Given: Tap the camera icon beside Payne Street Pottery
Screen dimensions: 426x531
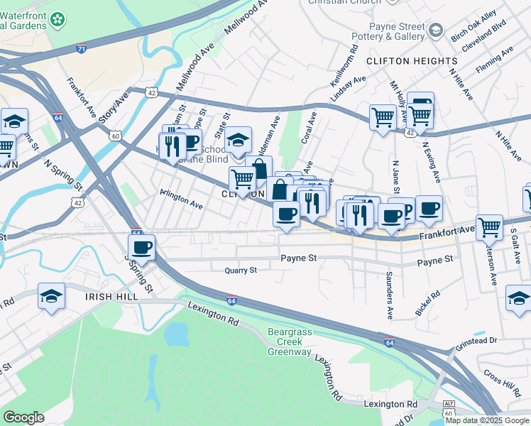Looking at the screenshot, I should (x=435, y=31).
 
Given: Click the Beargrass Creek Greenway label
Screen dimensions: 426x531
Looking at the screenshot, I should (x=290, y=342).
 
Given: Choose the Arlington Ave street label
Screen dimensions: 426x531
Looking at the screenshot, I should (x=181, y=199).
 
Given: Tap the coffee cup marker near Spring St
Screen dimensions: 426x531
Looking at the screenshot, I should (x=141, y=248).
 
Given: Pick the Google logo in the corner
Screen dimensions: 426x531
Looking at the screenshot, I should (x=23, y=417).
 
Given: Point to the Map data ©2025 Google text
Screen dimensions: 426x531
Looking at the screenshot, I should (x=487, y=420).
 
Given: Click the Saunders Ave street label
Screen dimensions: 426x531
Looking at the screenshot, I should (x=390, y=284).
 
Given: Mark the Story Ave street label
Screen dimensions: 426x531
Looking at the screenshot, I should (x=114, y=106).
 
